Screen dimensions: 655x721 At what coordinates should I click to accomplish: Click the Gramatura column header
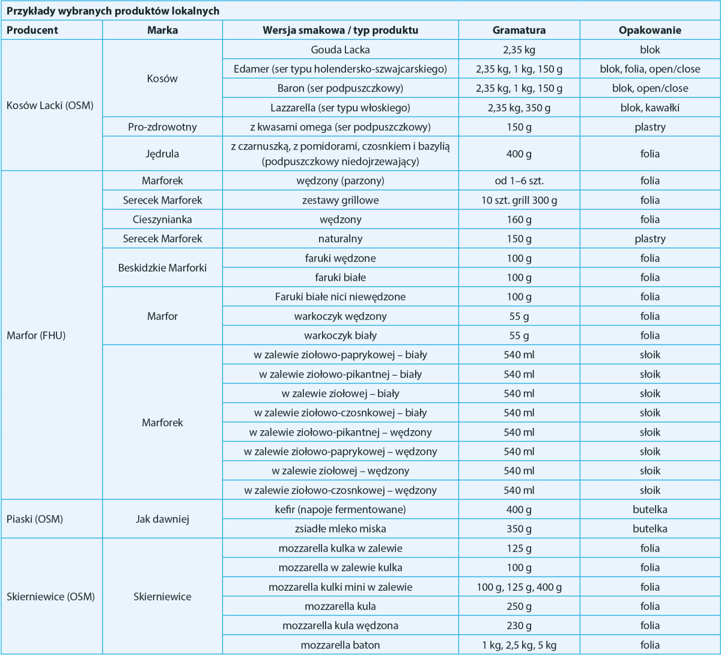(x=519, y=30)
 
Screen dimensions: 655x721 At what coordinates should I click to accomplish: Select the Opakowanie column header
(x=650, y=30)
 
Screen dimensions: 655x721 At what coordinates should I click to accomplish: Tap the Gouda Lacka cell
(x=340, y=49)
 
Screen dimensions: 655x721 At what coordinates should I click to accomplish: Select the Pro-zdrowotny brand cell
(x=162, y=127)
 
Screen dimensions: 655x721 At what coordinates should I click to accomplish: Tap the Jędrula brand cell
(x=162, y=154)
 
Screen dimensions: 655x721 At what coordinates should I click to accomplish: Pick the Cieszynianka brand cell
(x=162, y=219)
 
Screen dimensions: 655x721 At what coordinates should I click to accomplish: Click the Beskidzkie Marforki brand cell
(x=162, y=267)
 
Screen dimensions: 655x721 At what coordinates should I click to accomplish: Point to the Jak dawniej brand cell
(x=162, y=519)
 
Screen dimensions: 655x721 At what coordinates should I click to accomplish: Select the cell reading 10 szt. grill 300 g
(x=519, y=200)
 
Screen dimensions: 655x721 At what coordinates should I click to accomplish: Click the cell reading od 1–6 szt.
(x=519, y=180)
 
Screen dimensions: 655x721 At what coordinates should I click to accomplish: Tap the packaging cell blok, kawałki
(x=650, y=108)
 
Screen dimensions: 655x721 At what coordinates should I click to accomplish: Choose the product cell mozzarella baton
(x=340, y=645)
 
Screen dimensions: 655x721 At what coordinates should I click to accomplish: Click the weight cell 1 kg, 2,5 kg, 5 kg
(x=519, y=645)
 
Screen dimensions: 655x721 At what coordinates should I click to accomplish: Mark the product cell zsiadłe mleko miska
(x=340, y=529)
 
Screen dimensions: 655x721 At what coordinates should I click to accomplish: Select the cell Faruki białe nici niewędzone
(x=340, y=296)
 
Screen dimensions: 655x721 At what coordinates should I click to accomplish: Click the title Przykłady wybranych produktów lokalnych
(x=112, y=11)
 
